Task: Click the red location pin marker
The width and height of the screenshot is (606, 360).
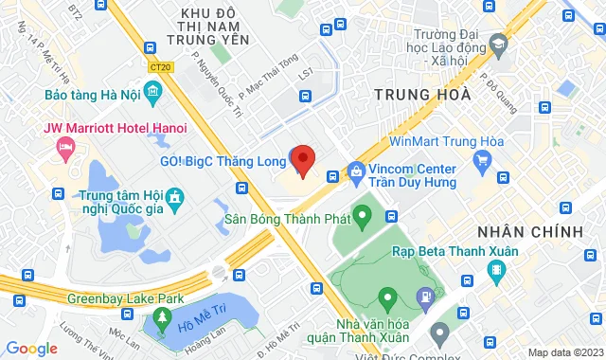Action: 302,159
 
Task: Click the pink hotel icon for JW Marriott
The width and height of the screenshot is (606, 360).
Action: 65,147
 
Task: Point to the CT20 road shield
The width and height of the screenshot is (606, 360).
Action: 161,67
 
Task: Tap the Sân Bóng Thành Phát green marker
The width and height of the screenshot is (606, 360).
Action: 361,219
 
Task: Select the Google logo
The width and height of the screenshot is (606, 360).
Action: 31,349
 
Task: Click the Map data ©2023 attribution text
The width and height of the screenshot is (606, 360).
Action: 564,353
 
